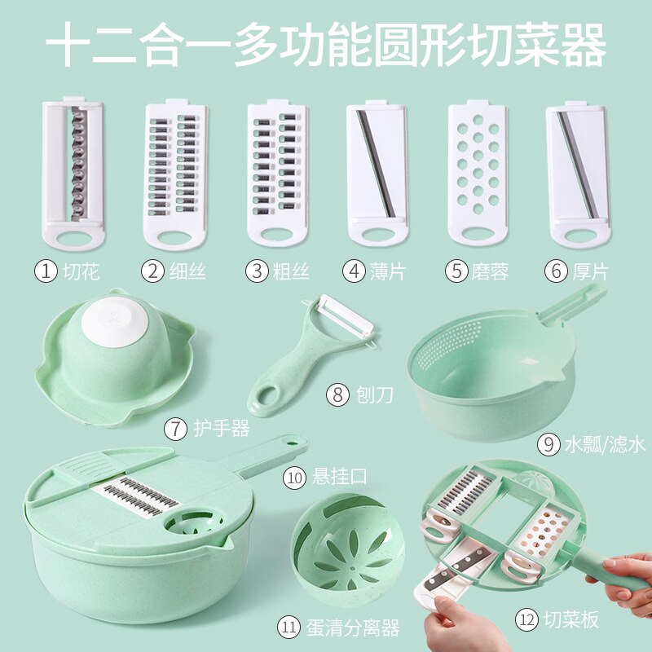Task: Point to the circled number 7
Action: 176,428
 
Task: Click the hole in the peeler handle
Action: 267,399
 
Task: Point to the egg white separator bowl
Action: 337,553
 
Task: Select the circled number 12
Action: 526,620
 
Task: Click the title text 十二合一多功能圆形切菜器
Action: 326,45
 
